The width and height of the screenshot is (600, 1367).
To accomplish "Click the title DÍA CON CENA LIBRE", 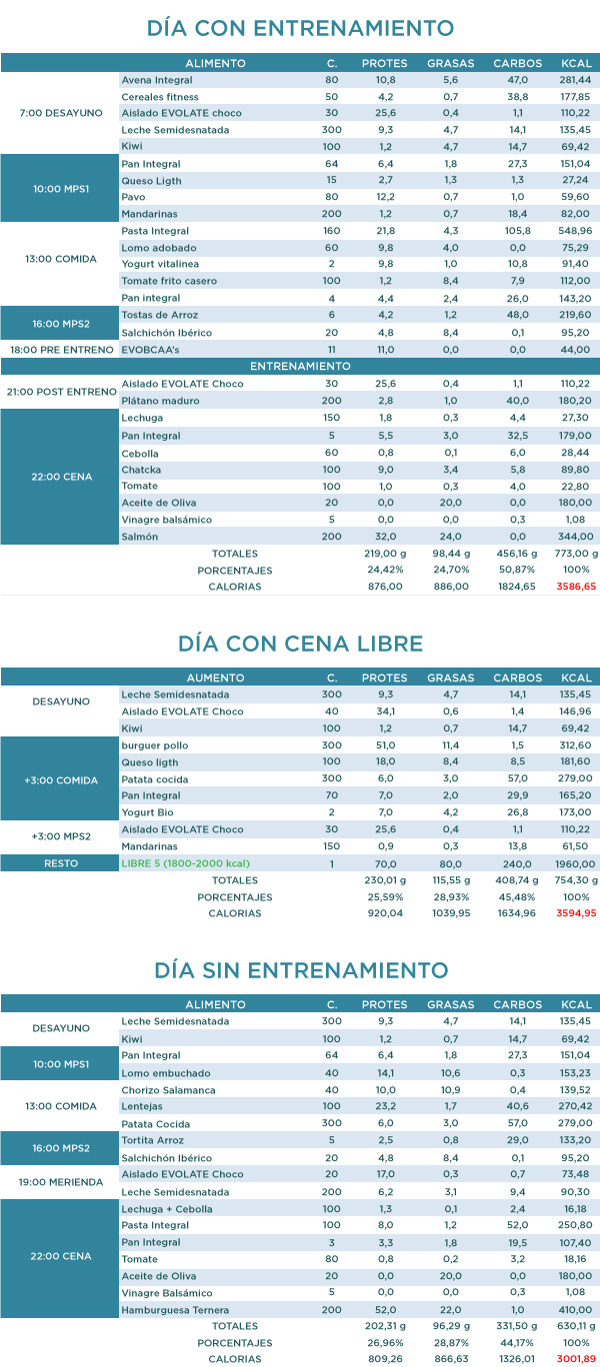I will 300,644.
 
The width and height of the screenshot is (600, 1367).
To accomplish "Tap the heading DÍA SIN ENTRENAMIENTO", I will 300,969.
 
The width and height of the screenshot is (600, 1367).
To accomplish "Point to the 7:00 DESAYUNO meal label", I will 60,113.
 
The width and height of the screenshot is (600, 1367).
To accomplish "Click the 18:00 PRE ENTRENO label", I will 60,350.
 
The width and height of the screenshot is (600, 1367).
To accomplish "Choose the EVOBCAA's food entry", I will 151,350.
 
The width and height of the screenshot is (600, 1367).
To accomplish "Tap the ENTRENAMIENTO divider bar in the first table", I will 300,367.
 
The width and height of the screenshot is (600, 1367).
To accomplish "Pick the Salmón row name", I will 139,537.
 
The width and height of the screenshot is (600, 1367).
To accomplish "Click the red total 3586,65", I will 576,587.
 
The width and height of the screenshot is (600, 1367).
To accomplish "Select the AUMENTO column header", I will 215,678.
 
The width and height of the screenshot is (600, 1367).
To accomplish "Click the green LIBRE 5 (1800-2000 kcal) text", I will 185,862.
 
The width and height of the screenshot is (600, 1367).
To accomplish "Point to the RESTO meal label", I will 60,862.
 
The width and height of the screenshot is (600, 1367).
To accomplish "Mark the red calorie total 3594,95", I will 576,912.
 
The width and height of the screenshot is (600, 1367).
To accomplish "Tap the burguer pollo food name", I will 154,745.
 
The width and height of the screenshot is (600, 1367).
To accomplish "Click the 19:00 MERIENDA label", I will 60,1182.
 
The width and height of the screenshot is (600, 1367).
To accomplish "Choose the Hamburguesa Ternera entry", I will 175,1309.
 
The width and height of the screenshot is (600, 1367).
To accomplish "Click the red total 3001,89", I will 576,1359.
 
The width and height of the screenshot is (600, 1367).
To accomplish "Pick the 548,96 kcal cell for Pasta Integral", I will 576,231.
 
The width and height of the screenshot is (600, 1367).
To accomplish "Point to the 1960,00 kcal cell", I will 576,862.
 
